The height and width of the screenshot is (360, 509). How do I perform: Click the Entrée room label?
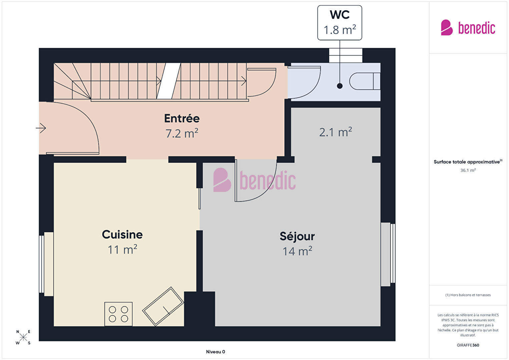(x=182, y=118)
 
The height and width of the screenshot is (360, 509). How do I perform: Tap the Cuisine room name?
(x=122, y=235)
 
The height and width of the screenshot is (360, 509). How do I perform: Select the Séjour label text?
(x=297, y=237)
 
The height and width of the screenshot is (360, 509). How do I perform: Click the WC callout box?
(x=340, y=23)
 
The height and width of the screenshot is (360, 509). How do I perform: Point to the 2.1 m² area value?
(x=336, y=132)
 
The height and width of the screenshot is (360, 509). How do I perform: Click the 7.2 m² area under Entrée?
(x=182, y=133)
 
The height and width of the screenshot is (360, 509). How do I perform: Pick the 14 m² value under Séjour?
(x=297, y=251)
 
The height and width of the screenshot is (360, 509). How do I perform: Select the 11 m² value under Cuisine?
(x=122, y=250)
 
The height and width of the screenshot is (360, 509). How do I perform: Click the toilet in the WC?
(x=365, y=81)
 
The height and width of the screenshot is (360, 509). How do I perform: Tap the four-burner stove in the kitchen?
(x=118, y=314)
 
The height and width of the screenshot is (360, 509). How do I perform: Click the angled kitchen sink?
(x=163, y=306)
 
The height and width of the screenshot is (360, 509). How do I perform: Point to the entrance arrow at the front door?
(x=41, y=128)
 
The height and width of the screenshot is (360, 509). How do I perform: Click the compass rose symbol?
(x=23, y=337)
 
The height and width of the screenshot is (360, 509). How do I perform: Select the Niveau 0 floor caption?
(x=215, y=352)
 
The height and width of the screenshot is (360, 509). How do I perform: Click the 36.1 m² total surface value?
(x=468, y=170)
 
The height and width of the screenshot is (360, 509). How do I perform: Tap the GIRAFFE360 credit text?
(x=468, y=345)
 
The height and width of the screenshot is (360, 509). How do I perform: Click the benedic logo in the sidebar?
(x=468, y=27)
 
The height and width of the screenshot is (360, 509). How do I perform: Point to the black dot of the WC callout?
(x=340, y=86)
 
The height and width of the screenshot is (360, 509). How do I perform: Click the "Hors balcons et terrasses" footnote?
(x=468, y=295)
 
